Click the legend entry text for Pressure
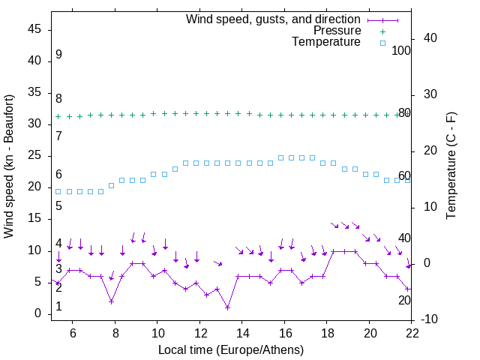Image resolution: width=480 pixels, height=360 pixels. point(337,31)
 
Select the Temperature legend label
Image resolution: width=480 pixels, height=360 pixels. point(326,42)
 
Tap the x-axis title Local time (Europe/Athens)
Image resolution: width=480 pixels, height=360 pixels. point(231,349)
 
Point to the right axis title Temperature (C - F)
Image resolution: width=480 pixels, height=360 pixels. point(451,166)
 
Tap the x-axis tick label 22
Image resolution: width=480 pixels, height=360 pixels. point(411,333)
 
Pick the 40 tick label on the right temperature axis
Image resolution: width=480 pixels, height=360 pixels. point(431,38)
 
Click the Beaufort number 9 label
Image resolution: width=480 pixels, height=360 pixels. point(58,55)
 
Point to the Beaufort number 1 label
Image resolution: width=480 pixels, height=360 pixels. point(58,307)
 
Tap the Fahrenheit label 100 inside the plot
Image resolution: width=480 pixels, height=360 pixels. point(401,50)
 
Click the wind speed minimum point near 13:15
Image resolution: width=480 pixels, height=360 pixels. point(227,307)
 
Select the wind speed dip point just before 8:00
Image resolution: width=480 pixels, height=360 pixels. point(111,301)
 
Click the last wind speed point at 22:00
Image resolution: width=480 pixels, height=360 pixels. point(408,289)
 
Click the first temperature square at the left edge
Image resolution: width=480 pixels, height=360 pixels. point(58,191)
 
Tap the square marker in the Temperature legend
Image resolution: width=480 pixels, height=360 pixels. point(382,43)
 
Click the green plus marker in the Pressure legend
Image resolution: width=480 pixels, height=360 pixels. point(382,31)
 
